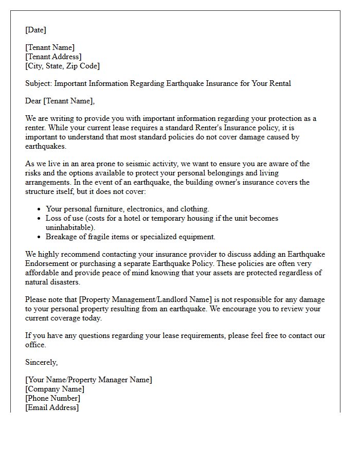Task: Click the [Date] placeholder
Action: point(35,30)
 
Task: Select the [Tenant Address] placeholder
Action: point(53,57)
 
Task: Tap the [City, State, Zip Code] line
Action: point(62,66)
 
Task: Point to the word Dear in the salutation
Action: point(33,101)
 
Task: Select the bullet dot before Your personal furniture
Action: point(40,209)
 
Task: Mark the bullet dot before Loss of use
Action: point(40,219)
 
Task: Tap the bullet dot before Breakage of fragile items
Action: point(40,237)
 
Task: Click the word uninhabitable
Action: point(69,227)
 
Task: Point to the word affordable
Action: point(45,273)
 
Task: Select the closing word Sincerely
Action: point(41,362)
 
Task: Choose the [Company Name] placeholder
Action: point(55,389)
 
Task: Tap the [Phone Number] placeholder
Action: point(52,398)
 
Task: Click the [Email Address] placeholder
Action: point(52,407)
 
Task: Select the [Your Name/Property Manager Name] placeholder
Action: point(88,380)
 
